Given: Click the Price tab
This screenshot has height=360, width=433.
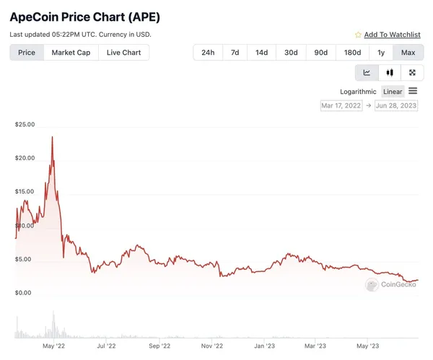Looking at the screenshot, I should [27, 53].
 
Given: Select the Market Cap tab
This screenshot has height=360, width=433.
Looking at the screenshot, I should [71, 53].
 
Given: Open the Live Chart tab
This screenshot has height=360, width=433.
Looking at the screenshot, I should [123, 53].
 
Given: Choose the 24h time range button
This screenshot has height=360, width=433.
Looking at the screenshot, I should [207, 53].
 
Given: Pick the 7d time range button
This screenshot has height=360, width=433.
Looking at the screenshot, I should [235, 53].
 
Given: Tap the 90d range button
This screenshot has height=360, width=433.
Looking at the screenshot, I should [320, 53].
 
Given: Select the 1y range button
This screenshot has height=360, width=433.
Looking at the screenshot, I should [380, 53].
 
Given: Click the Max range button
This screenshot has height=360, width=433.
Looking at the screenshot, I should [408, 53].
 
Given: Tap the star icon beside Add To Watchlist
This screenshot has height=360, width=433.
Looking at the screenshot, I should [358, 35].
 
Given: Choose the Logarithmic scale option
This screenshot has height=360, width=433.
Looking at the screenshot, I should [358, 92].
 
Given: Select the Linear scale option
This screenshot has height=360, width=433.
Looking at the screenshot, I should [393, 92].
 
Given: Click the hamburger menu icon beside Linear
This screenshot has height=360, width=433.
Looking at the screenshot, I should [413, 91].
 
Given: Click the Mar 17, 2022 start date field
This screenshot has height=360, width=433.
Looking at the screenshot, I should [341, 105].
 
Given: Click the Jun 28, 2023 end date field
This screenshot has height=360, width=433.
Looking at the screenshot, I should [397, 105].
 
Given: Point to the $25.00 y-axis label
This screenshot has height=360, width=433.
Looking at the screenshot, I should [25, 125].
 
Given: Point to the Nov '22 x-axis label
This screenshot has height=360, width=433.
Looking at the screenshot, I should [211, 346].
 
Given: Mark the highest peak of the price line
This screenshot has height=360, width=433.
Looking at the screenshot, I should [52, 137].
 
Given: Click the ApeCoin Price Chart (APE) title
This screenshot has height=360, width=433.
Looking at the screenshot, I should [84, 16].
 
